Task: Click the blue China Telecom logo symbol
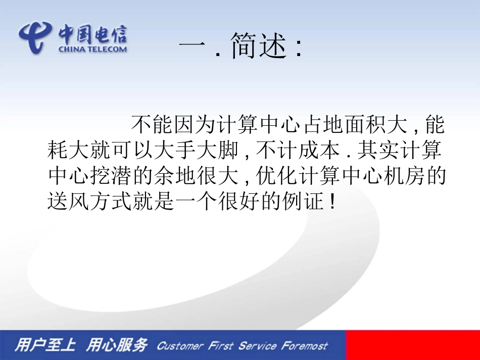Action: click(x=35, y=36)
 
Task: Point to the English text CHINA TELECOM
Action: click(x=92, y=49)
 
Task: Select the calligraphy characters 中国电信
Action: click(x=92, y=33)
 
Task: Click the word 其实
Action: click(x=375, y=150)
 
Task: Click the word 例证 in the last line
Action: click(x=304, y=202)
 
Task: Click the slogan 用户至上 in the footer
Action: click(x=45, y=345)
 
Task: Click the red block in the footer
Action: click(x=412, y=345)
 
